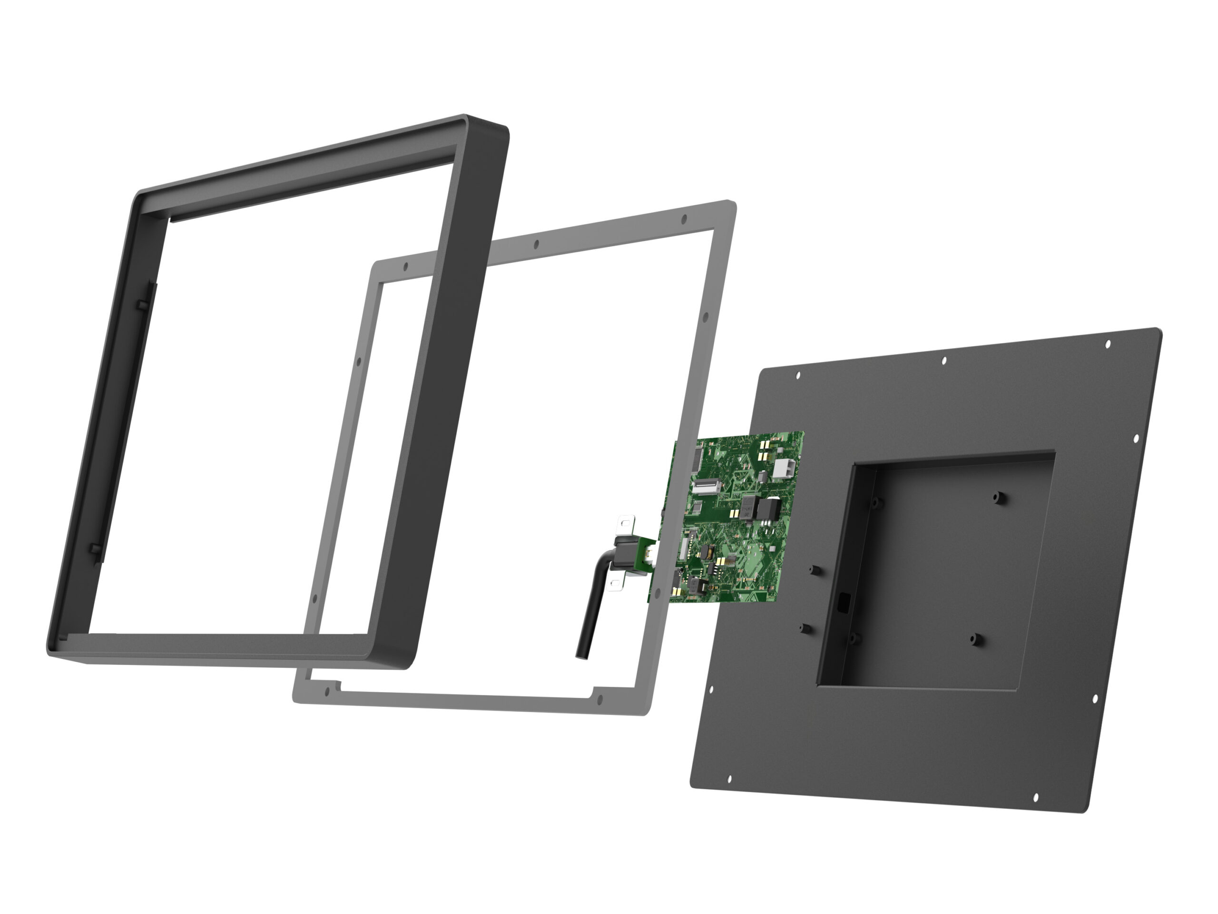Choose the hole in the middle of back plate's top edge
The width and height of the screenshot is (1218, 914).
pos(944,361)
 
